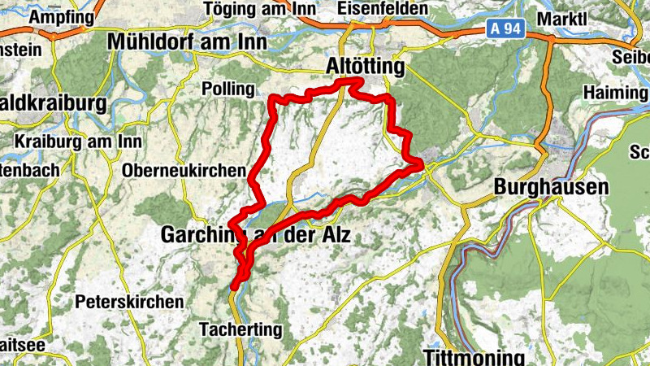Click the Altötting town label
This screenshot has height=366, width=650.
click(363, 66)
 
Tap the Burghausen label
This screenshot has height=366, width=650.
click(551, 187)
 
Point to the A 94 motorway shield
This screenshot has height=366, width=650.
click(505, 29)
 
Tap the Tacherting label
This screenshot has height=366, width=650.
click(240, 329)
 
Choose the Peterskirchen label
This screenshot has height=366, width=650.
click(129, 302)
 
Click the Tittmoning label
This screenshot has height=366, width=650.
click(474, 356)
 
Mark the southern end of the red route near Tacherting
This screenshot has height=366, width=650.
click(235, 286)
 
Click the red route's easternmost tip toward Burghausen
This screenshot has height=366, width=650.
click(422, 166)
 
